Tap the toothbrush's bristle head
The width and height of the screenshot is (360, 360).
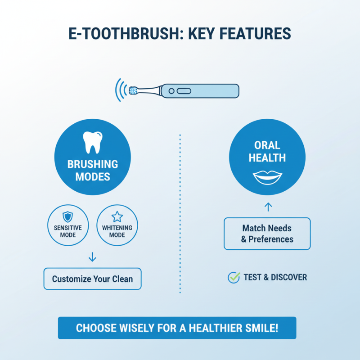coord(133,90)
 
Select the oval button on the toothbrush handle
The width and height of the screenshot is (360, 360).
coord(184,91)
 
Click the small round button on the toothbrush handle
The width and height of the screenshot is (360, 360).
coord(171,91)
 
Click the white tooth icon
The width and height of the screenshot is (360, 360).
coord(92,143)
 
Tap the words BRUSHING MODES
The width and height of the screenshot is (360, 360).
coord(93,170)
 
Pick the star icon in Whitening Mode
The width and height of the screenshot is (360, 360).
coord(117,217)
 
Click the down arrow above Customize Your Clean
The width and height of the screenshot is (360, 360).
coord(92,257)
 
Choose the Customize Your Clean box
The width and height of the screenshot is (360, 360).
coord(92,279)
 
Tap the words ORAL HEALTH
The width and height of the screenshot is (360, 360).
coord(267,151)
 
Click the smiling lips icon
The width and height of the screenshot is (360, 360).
coord(267,176)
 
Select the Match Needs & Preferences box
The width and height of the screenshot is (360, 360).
coord(267,234)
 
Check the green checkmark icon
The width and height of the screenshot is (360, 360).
coord(234,277)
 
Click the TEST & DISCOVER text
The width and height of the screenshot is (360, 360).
coord(275,277)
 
